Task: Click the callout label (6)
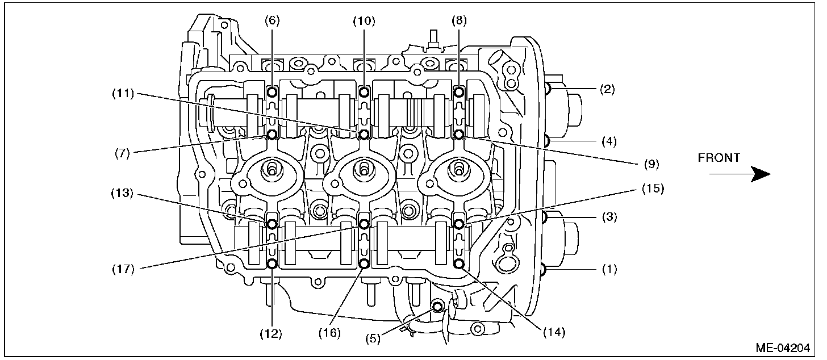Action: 272,21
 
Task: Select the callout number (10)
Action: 364,21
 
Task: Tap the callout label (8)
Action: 459,21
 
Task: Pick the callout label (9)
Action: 650,164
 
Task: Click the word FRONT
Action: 719,158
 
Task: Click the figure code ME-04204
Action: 786,348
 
